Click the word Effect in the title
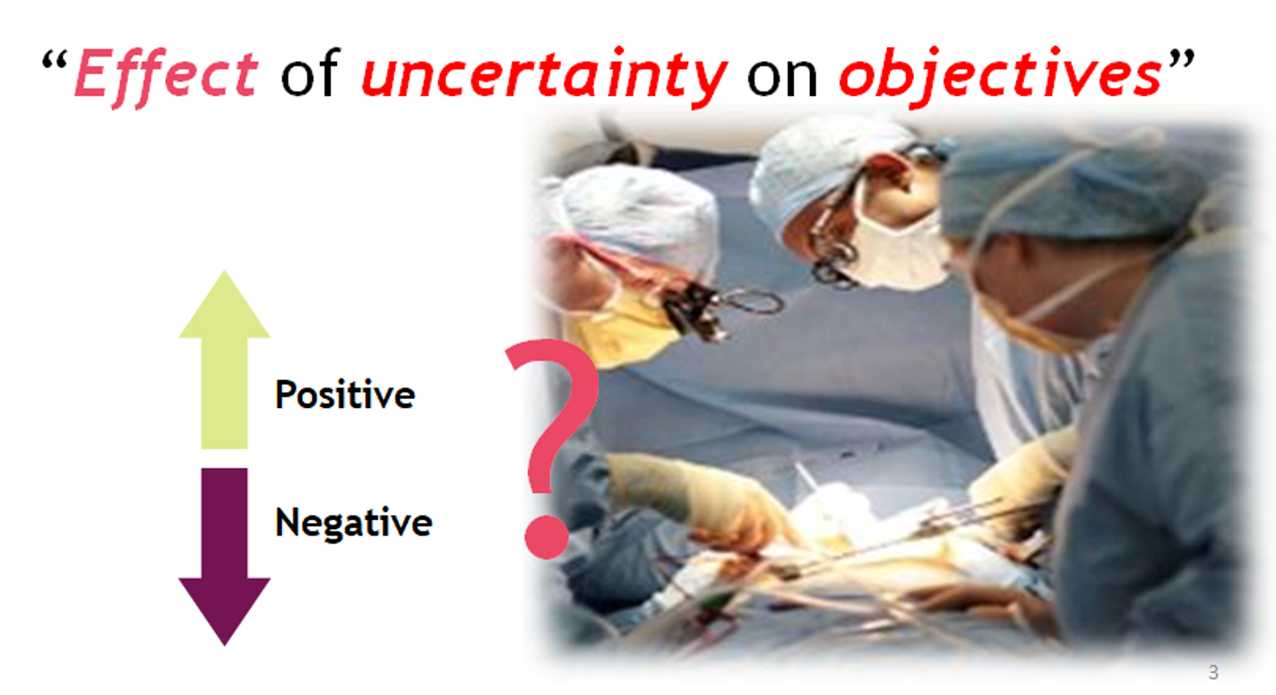(x=167, y=77)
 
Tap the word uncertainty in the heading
(x=545, y=77)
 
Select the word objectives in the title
(x=1001, y=77)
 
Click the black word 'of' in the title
(x=310, y=72)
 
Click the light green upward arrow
(x=224, y=360)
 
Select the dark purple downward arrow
(x=224, y=557)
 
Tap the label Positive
(x=345, y=395)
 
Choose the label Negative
(x=354, y=523)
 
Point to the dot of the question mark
(x=547, y=536)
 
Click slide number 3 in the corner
(x=1213, y=673)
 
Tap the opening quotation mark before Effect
(x=55, y=60)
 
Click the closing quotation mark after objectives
(x=1181, y=60)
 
